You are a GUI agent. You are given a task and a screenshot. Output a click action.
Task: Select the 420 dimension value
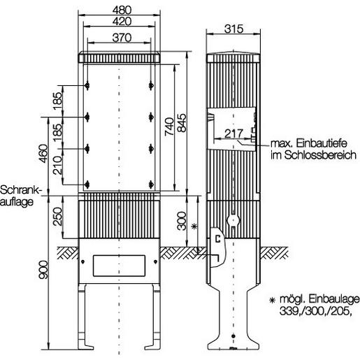tap(120, 21)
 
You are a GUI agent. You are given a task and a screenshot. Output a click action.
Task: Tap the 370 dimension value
tap(120, 37)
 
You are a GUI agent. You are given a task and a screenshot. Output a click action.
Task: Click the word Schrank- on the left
tap(22, 190)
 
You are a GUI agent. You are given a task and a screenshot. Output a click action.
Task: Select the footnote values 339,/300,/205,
tap(310, 312)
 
